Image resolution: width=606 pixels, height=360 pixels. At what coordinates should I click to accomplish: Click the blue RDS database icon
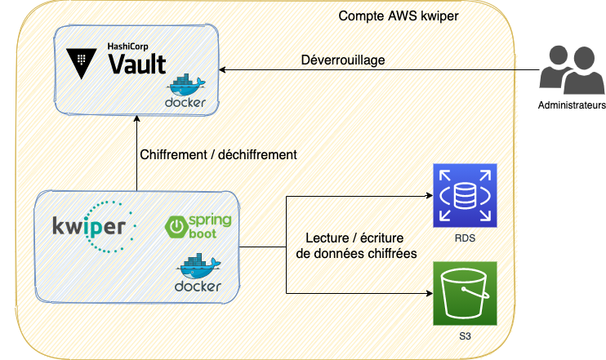(465, 196)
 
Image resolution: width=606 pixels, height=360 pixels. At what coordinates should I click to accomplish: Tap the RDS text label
(465, 238)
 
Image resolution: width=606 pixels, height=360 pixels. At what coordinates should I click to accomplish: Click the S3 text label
(465, 336)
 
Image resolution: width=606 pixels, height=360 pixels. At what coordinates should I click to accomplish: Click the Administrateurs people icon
(570, 71)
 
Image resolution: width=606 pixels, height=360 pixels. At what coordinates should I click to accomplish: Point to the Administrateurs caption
(572, 107)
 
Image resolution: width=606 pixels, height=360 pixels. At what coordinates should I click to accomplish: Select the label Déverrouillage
(343, 60)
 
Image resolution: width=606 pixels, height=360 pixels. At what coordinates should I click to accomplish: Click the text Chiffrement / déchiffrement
(218, 153)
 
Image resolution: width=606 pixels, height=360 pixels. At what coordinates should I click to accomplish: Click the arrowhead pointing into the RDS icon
(429, 196)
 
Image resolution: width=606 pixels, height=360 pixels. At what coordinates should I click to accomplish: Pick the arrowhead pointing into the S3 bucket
(429, 294)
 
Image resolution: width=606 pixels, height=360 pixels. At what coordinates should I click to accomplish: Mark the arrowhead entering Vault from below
(136, 118)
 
